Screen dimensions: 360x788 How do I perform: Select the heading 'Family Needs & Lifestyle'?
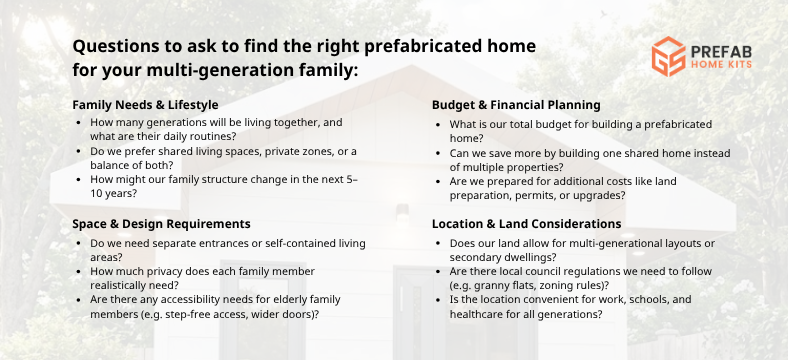click(145, 104)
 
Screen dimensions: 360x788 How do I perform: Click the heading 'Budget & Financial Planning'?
click(516, 104)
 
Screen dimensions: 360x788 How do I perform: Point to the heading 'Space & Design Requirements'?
click(161, 224)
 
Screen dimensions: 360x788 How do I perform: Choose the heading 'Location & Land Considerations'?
click(526, 224)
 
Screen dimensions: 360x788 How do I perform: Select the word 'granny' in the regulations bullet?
click(495, 284)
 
